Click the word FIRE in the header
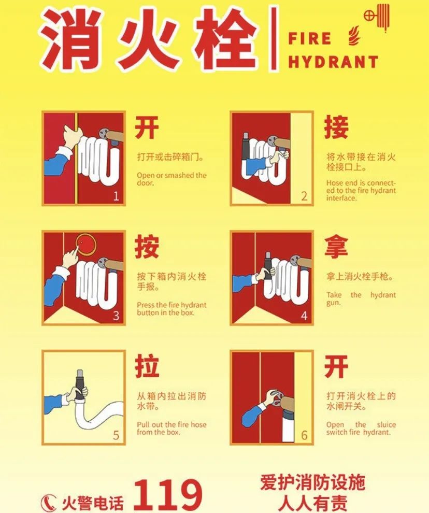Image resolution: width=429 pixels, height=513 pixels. pyautogui.click(x=309, y=39)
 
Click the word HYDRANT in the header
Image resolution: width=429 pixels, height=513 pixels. pyautogui.click(x=333, y=62)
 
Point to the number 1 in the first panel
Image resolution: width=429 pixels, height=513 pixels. pyautogui.click(x=116, y=196)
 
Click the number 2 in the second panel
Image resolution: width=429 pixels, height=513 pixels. pyautogui.click(x=304, y=196)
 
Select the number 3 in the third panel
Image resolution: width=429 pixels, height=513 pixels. pyautogui.click(x=116, y=316)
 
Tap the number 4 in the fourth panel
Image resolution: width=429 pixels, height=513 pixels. pyautogui.click(x=304, y=316)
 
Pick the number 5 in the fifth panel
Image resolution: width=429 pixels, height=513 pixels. pyautogui.click(x=116, y=435)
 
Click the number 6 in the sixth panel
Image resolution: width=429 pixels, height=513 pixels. pyautogui.click(x=304, y=435)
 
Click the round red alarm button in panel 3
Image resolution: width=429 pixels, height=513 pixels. pyautogui.click(x=85, y=244)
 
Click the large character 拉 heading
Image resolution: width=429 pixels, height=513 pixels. pyautogui.click(x=147, y=366)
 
